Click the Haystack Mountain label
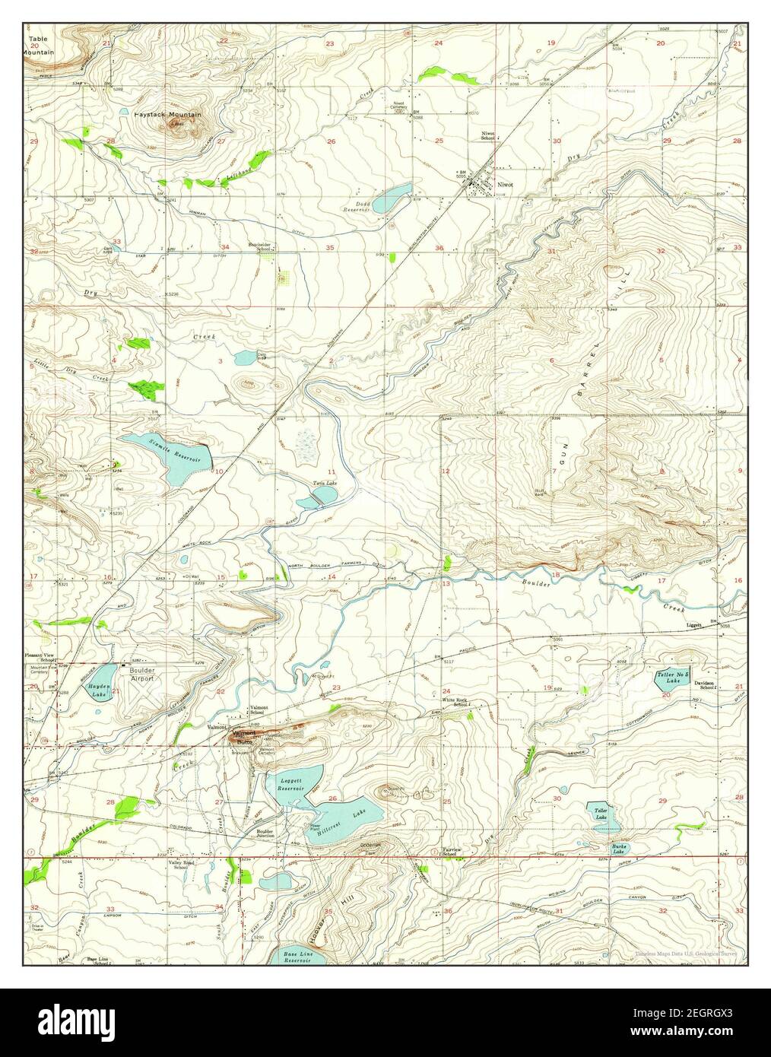pyautogui.click(x=168, y=115)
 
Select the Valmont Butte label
pyautogui.click(x=245, y=737)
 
